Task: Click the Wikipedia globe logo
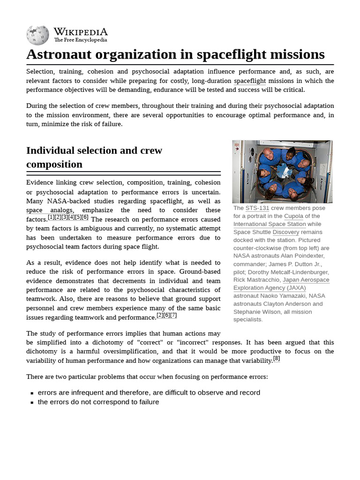(x=37, y=35)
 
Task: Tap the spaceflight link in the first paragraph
(x=249, y=81)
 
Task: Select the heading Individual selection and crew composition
(x=94, y=157)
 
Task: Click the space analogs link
(x=49, y=210)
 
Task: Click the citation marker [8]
(x=276, y=359)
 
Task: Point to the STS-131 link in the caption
(x=257, y=208)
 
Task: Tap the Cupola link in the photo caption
(x=293, y=216)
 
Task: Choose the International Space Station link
(x=270, y=224)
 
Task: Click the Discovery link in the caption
(x=285, y=232)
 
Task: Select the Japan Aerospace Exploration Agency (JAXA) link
(x=281, y=284)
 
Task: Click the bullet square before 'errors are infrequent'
(x=32, y=393)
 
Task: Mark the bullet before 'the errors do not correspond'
(x=32, y=402)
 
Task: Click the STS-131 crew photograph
(x=282, y=172)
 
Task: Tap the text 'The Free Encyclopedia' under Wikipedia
(x=80, y=40)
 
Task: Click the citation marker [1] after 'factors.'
(x=51, y=217)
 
